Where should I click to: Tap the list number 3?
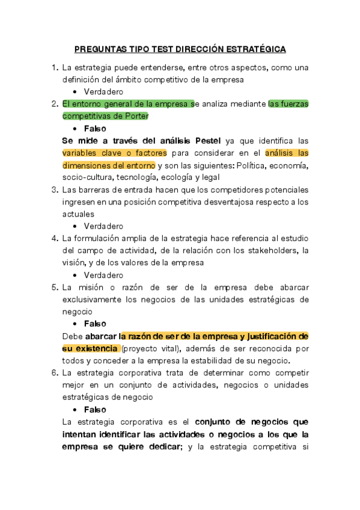tap(55, 189)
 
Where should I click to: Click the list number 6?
tap(55, 373)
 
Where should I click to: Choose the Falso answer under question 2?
tap(95, 128)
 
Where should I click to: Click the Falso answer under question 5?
tap(95, 324)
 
